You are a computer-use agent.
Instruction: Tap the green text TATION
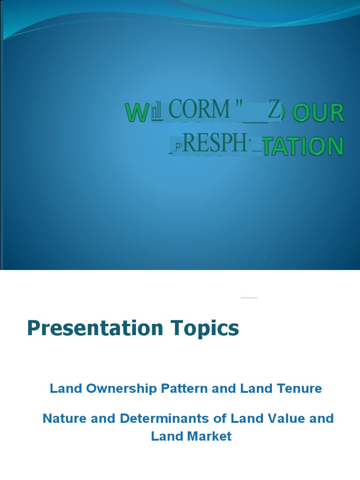(x=303, y=146)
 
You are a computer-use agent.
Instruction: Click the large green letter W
(x=135, y=113)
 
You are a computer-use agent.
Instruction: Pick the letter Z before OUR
(x=274, y=111)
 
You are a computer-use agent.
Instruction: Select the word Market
(x=210, y=436)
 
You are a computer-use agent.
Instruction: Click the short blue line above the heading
(x=249, y=298)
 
